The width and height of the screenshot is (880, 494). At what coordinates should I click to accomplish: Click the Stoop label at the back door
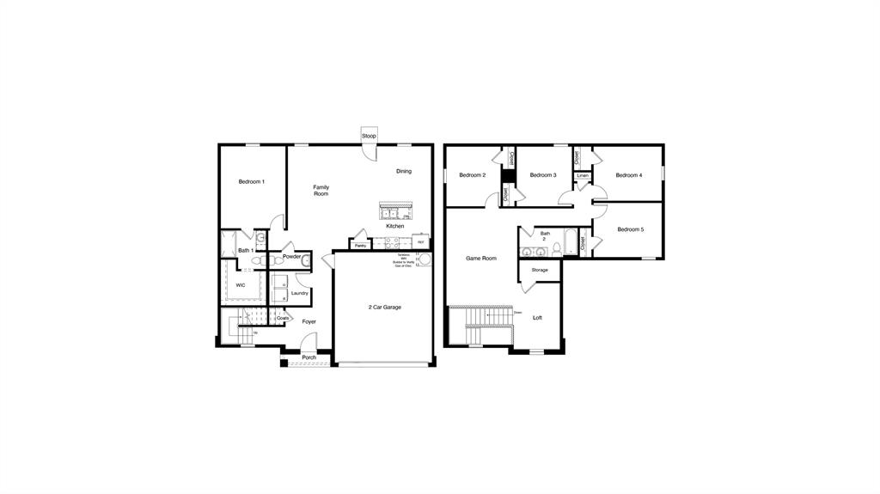pos(369,137)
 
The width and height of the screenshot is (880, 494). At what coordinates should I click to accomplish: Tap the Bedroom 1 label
pos(251,182)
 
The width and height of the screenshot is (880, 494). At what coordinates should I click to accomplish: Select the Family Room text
pos(321,191)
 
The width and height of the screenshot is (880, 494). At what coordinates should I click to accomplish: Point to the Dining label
pos(403,171)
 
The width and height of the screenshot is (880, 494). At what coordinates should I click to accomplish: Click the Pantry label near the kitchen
pos(360,246)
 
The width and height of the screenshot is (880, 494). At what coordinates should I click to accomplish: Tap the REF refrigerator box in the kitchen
pos(421,242)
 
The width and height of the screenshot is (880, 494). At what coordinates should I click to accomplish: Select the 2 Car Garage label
pos(384,307)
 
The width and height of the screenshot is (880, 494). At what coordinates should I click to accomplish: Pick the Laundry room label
pos(299,293)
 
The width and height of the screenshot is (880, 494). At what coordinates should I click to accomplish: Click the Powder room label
pos(291,256)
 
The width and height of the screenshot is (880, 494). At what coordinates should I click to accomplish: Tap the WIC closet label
pos(240,284)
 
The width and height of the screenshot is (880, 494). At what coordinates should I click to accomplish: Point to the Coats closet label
pos(283,318)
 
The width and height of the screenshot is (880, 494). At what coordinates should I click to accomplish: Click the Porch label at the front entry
pos(309,357)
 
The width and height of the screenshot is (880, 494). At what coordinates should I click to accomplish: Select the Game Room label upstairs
pos(481,259)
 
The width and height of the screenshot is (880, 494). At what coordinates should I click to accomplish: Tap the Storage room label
pos(539,271)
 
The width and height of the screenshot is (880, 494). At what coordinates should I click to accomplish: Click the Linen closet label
pos(583,175)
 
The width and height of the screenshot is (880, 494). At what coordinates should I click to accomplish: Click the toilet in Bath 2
pos(557,249)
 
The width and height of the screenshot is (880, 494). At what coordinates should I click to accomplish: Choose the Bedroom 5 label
pos(630,229)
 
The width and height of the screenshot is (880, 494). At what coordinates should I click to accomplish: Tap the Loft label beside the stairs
pos(537,318)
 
